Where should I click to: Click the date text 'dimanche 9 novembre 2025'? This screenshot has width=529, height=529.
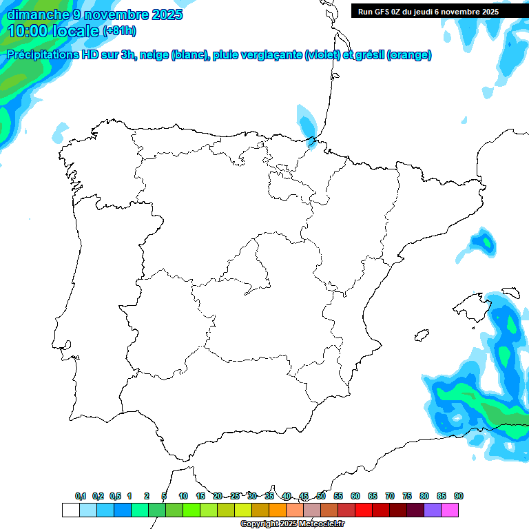click(x=94, y=14)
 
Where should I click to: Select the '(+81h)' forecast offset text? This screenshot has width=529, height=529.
click(x=119, y=31)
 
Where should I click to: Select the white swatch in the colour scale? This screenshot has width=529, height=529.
click(x=70, y=510)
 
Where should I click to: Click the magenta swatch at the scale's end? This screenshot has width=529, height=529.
click(x=450, y=510)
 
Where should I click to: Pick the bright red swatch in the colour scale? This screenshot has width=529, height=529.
click(x=364, y=510)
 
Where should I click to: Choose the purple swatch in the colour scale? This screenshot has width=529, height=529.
click(x=433, y=510)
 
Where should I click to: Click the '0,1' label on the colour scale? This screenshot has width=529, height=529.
click(x=81, y=497)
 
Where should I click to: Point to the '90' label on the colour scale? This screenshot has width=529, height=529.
click(x=459, y=497)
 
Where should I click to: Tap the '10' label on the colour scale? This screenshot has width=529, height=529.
click(x=183, y=497)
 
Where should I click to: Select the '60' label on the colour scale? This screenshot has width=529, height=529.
click(x=355, y=497)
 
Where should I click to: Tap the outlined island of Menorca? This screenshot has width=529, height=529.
click(x=510, y=292)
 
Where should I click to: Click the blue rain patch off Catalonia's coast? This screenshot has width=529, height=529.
click(x=484, y=242)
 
